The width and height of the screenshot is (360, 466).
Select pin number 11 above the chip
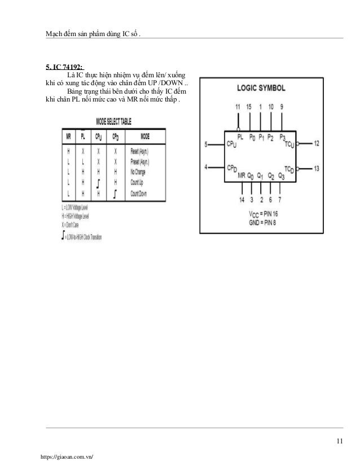237,107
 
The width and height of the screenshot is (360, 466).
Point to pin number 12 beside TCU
317,144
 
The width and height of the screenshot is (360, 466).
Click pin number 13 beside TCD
317,168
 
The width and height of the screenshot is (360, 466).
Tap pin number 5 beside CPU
207,144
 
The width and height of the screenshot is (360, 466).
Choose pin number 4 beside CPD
207,166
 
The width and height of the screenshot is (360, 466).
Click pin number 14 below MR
242,200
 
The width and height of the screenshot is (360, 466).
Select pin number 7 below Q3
279,200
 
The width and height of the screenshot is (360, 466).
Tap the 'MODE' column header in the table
145,136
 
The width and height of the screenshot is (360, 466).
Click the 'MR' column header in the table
68,136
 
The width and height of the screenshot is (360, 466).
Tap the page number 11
339,441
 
